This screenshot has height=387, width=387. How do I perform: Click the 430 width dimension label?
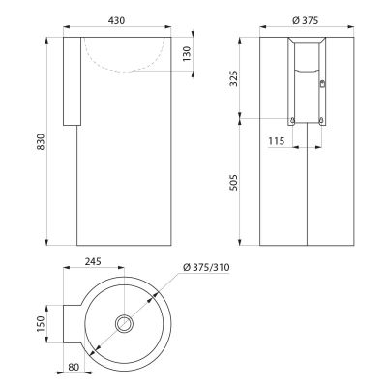coord(116,20)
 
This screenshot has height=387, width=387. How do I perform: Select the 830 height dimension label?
coord(41,141)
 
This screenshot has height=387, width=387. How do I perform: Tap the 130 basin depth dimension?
coord(187,54)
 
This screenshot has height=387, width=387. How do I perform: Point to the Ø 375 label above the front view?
coord(305,20)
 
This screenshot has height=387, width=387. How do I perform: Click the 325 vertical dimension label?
coord(233,77)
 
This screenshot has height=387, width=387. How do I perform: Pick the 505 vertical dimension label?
coord(233,183)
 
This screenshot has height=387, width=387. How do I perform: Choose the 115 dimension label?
coord(277,141)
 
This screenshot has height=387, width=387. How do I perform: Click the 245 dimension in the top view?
coord(93,261)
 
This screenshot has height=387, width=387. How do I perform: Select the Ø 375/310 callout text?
coord(206,267)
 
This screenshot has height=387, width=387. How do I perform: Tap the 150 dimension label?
coord(41,324)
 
